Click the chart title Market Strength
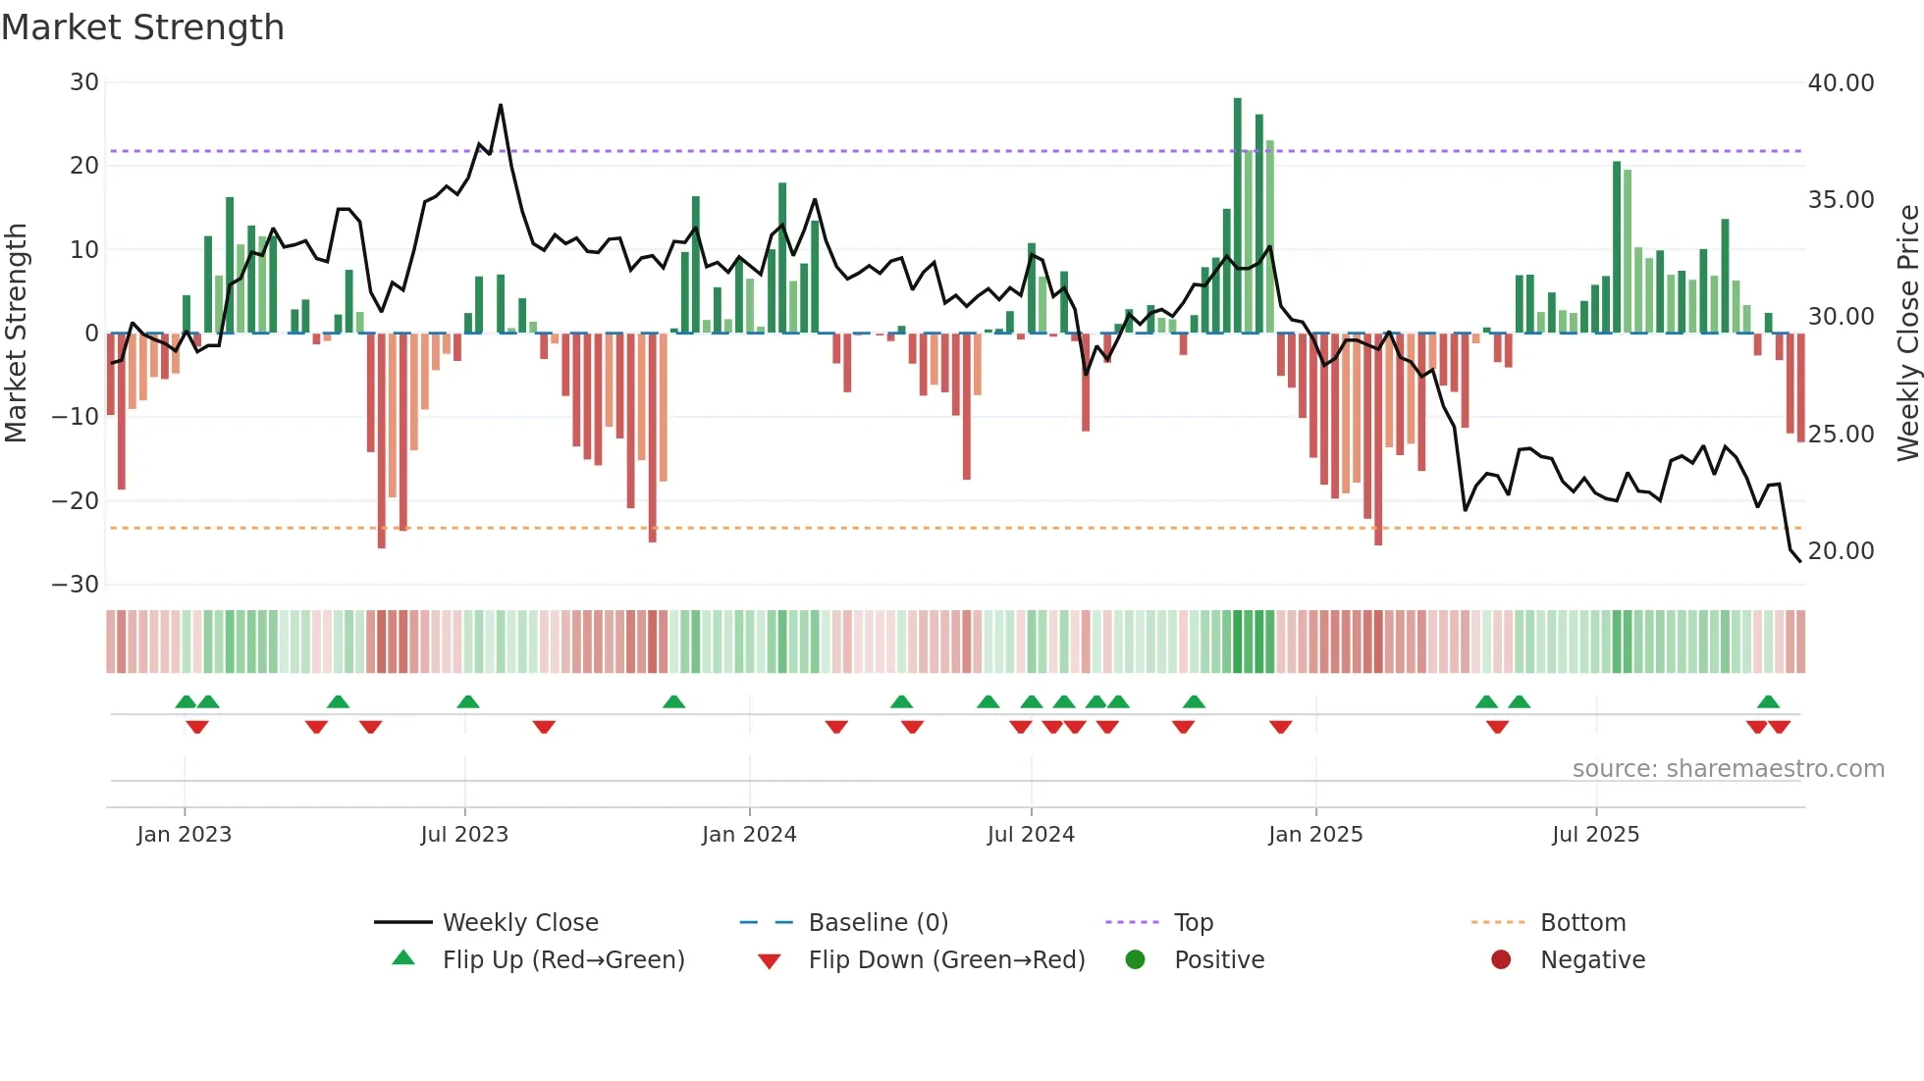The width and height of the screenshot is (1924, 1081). (x=142, y=27)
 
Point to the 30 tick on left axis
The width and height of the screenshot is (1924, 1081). (x=84, y=82)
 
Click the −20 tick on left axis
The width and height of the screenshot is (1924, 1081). (x=76, y=501)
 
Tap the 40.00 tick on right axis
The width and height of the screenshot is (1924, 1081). (x=1841, y=83)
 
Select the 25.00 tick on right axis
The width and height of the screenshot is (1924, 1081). (x=1841, y=435)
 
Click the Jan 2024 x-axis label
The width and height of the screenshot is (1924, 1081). (x=749, y=835)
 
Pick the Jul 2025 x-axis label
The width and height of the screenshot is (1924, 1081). (x=1595, y=835)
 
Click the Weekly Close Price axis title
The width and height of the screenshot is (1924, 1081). (x=1907, y=334)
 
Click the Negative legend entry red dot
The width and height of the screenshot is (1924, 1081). (x=1501, y=960)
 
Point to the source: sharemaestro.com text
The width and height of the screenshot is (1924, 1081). (x=1728, y=769)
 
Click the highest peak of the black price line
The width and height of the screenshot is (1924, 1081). (x=501, y=106)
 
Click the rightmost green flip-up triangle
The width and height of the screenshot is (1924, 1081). (x=1768, y=702)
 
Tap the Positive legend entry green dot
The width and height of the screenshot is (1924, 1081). (x=1135, y=960)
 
